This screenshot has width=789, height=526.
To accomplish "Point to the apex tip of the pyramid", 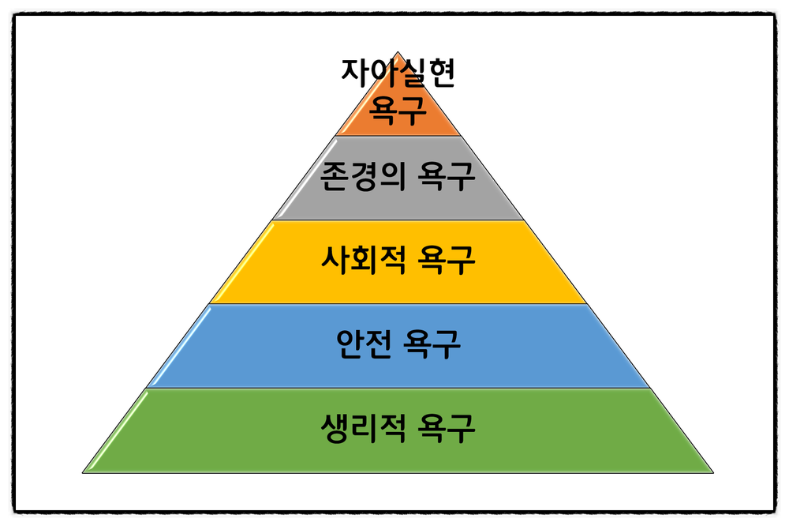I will coord(398,53).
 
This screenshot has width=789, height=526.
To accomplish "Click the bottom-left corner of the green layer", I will coord(84,472).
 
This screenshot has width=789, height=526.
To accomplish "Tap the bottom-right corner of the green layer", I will coord(712,472).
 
